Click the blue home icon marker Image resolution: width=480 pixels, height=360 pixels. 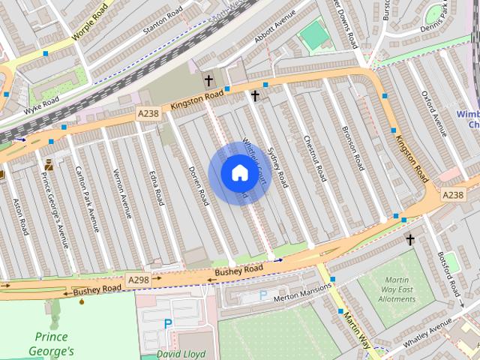pyautogui.click(x=238, y=173)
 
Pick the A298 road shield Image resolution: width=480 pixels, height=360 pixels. pyautogui.click(x=139, y=279)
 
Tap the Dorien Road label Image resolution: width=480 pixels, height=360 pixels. pyautogui.click(x=197, y=186)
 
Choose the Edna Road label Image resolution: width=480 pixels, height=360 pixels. pyautogui.click(x=155, y=186)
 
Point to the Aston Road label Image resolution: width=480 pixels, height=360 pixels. pyautogui.click(x=20, y=216)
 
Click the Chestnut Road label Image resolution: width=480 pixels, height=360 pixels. pyautogui.click(x=314, y=157)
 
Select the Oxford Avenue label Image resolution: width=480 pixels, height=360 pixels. pyautogui.click(x=433, y=115)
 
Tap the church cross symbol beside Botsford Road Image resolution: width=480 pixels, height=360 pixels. pyautogui.click(x=409, y=240)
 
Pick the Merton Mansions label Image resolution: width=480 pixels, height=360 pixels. pyautogui.click(x=303, y=291)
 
